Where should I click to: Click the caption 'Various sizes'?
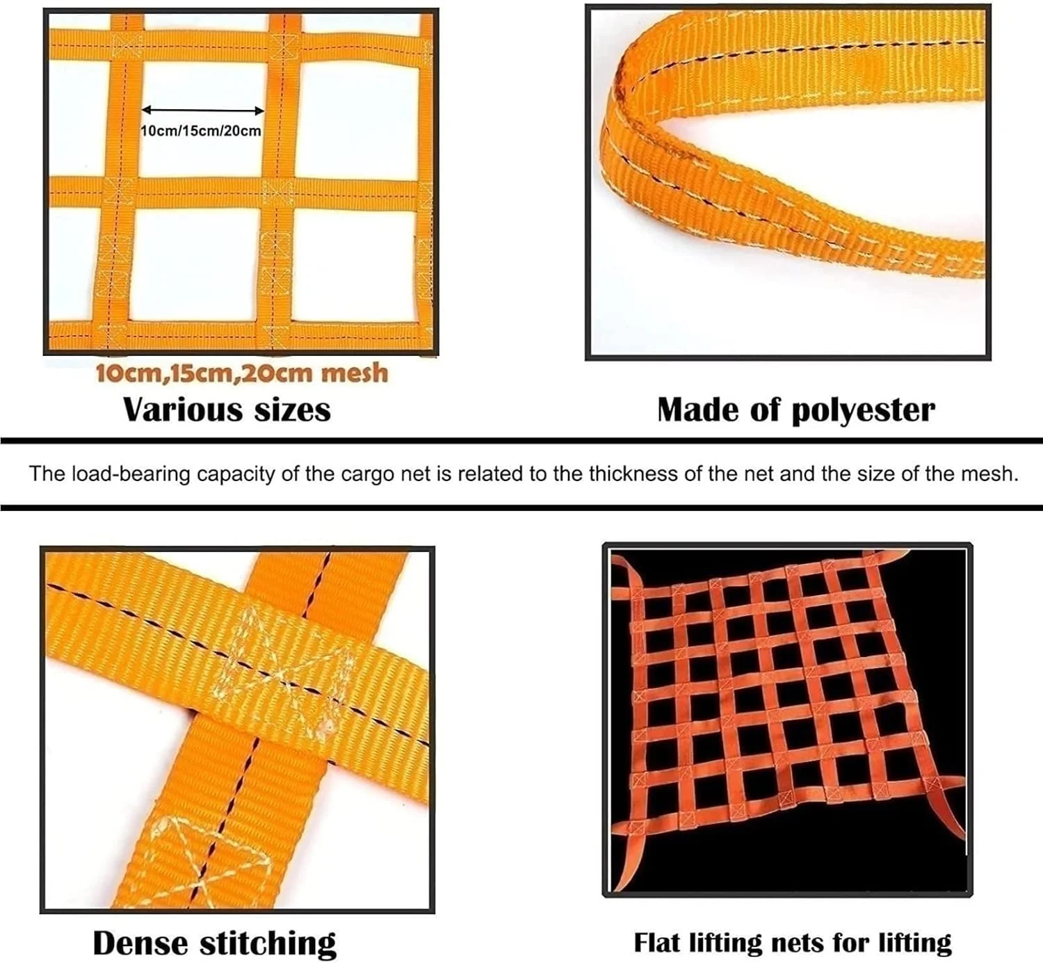click(x=227, y=410)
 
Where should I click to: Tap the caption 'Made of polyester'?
click(x=796, y=410)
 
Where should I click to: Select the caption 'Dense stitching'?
click(x=215, y=943)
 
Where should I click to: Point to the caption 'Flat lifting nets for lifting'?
click(x=793, y=943)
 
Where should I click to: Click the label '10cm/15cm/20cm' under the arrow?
click(x=201, y=131)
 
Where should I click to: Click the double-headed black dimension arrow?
click(x=203, y=111)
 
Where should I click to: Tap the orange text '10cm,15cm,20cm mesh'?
click(x=242, y=373)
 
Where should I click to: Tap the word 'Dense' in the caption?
click(x=140, y=943)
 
